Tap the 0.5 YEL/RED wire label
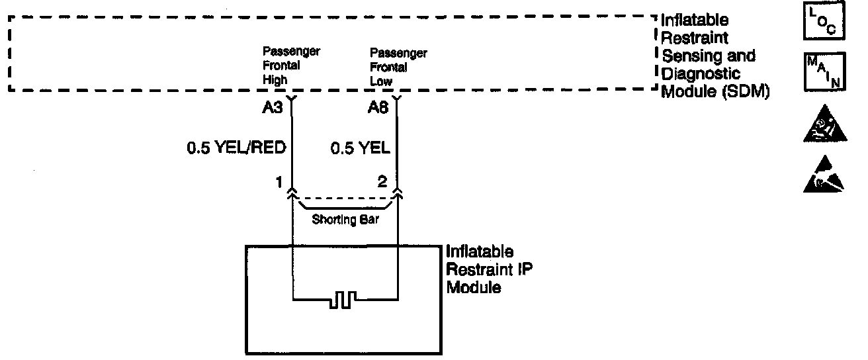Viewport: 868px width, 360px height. (x=236, y=148)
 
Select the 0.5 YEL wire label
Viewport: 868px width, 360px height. (x=361, y=148)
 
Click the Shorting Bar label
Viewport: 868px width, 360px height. (x=345, y=220)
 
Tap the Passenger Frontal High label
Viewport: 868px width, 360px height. (x=291, y=66)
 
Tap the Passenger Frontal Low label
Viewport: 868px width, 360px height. (x=398, y=66)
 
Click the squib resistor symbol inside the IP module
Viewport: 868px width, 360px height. (x=344, y=301)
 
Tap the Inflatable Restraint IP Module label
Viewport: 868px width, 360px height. (x=480, y=270)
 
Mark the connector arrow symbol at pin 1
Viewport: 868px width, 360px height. (x=291, y=193)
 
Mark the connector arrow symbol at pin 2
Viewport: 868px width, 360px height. (x=397, y=193)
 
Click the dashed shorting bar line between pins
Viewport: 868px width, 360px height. (x=344, y=198)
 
